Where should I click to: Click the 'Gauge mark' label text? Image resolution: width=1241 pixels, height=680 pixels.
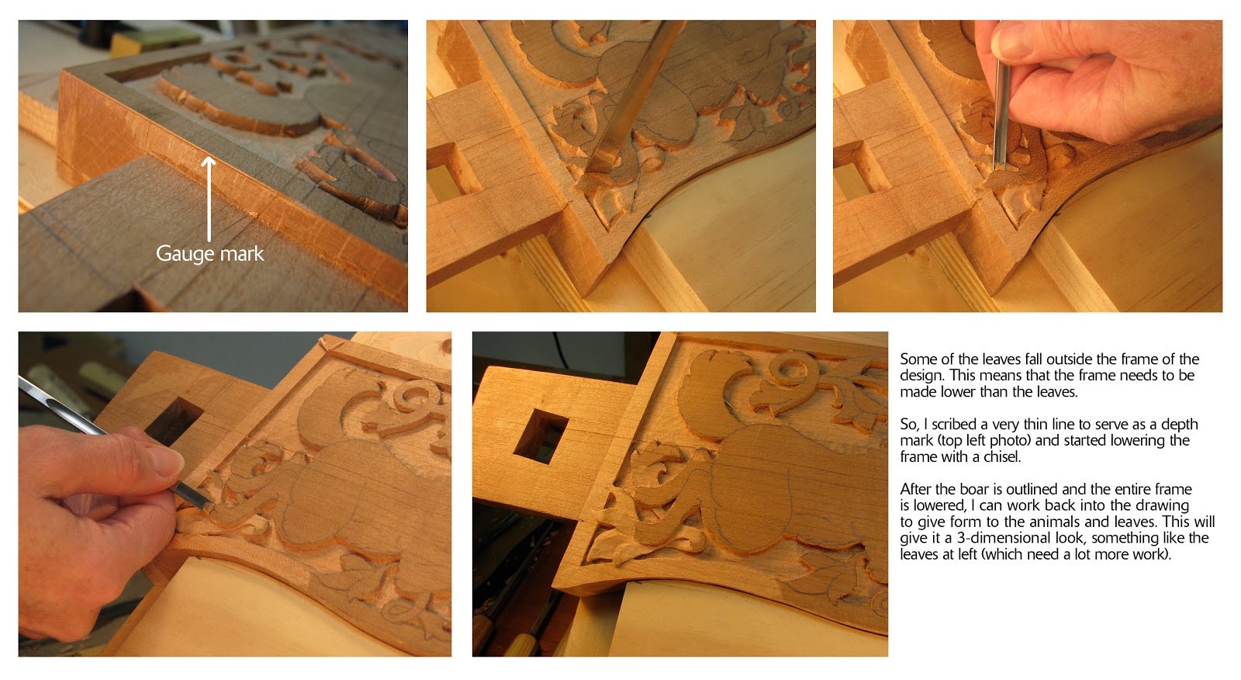pos(209,254)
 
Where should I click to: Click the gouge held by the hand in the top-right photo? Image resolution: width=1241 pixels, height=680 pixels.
pos(1001,116)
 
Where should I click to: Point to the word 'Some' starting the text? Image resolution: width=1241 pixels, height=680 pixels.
pos(918,359)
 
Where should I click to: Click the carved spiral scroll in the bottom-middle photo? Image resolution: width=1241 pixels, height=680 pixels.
pos(783,373)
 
